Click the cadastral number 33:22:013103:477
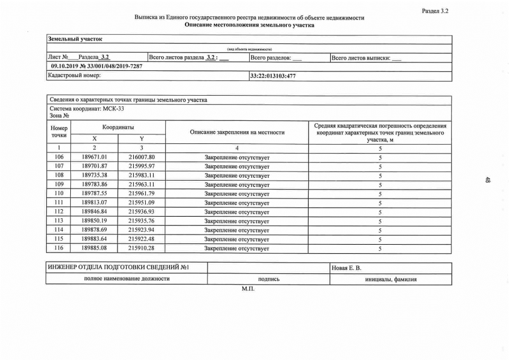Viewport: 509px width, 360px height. coord(273,76)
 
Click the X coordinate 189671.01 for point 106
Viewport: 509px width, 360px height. coord(94,157)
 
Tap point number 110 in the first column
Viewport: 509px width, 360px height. coord(59,193)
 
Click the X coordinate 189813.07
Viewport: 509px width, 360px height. coord(94,202)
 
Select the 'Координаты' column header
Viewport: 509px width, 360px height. coord(118,128)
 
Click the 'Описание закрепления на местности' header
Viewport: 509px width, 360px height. coord(237,133)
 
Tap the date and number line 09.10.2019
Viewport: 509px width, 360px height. coord(96,66)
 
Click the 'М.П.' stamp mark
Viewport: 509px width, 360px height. coord(248,289)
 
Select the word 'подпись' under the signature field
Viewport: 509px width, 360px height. coord(269,279)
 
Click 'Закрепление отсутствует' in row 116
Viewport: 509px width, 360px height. coord(237,248)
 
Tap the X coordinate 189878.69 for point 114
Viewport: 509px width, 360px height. coord(94,230)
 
